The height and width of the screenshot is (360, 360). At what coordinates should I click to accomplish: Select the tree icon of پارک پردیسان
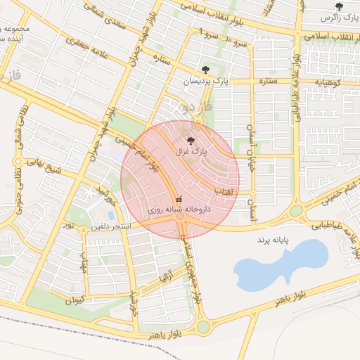205,70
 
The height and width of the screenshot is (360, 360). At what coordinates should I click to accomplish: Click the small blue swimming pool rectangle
111,215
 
